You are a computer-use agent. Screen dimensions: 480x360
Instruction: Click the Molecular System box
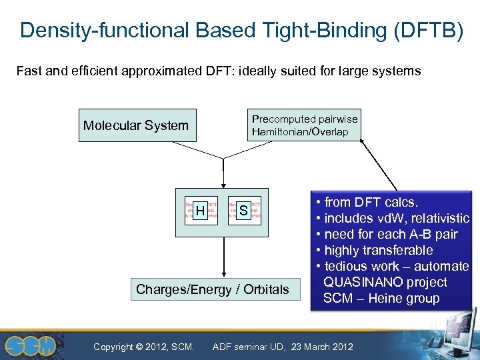(x=137, y=125)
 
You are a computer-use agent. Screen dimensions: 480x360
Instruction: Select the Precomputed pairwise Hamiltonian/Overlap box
(x=304, y=125)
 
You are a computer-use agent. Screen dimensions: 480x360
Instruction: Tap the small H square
(x=201, y=211)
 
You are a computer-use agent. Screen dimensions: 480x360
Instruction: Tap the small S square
(x=243, y=211)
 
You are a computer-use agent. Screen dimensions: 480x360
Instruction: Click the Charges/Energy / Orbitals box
(x=213, y=289)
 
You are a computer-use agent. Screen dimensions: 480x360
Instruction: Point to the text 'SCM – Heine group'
(x=381, y=298)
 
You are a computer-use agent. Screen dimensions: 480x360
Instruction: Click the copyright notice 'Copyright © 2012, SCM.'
(x=144, y=346)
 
